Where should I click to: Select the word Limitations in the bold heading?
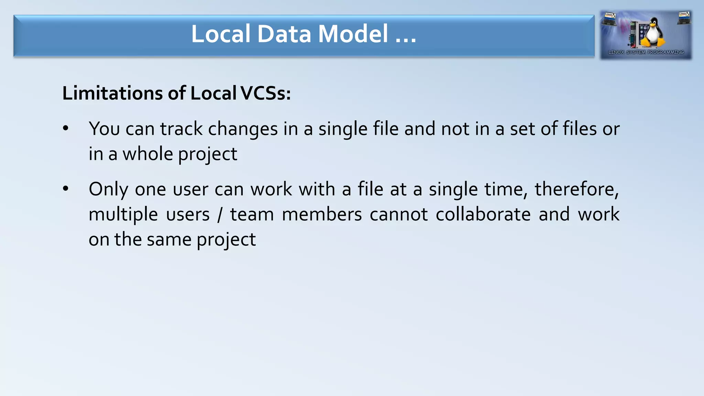click(112, 93)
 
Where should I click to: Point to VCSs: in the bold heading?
click(265, 93)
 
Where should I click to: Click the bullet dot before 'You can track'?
click(66, 129)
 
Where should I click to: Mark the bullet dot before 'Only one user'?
click(66, 189)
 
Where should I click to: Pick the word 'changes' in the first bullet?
click(243, 129)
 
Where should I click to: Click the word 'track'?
click(181, 129)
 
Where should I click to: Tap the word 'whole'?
click(147, 154)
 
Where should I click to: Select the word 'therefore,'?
click(576, 189)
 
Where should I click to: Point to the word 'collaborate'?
click(483, 214)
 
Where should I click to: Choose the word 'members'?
click(322, 214)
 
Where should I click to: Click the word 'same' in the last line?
click(168, 239)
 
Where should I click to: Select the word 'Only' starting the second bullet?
click(108, 189)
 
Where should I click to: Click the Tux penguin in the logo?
click(653, 33)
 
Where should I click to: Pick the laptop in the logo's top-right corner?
click(683, 18)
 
